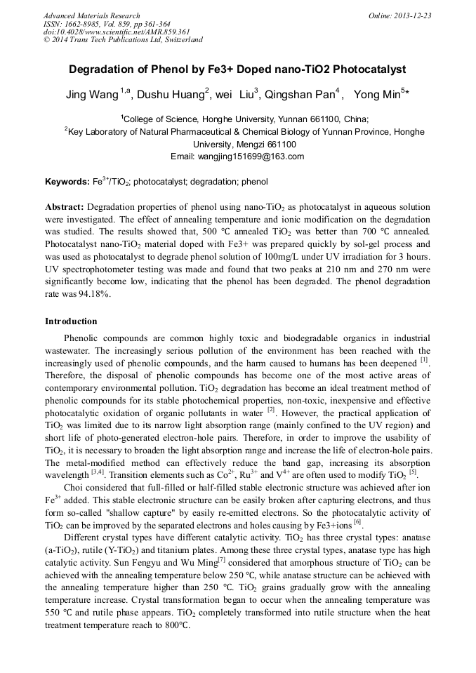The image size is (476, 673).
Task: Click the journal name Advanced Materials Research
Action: point(91,15)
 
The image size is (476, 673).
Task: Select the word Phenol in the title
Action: point(173,69)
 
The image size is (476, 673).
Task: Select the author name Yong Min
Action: point(376,95)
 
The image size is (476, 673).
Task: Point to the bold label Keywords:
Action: point(67,182)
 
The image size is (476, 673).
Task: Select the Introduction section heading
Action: point(71,321)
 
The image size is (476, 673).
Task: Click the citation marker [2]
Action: point(271,410)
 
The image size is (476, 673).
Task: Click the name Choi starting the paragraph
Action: point(77,487)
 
